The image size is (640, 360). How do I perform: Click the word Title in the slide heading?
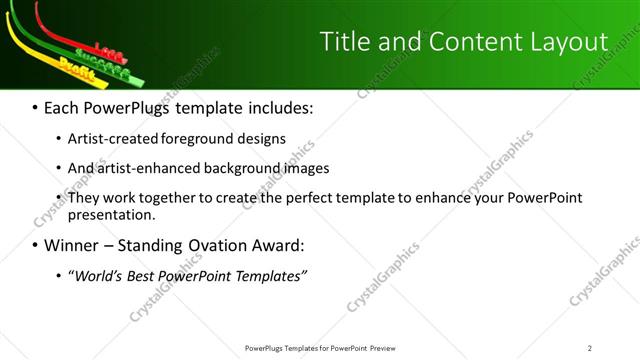(345, 41)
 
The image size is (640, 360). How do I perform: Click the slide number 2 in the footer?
(590, 347)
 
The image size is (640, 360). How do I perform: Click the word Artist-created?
(114, 139)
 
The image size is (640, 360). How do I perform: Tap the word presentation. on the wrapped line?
(112, 214)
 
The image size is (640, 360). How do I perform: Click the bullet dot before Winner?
(35, 245)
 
